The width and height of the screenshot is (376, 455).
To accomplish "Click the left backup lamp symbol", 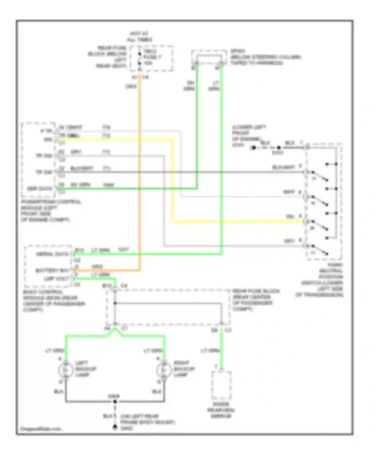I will pyautogui.click(x=66, y=370).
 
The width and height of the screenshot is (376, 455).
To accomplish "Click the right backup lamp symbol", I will pyautogui.click(x=164, y=370).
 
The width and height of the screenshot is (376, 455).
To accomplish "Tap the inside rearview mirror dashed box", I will pyautogui.click(x=221, y=385).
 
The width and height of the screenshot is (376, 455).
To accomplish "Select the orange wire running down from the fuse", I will pyautogui.click(x=140, y=176).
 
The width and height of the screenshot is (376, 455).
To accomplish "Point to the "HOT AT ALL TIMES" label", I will pyautogui.click(x=139, y=37).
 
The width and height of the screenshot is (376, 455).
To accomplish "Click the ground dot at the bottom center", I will pyautogui.click(x=115, y=427).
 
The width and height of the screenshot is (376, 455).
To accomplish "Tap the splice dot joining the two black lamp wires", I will pyautogui.click(x=115, y=402).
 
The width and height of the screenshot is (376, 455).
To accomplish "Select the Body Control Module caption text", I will pyautogui.click(x=54, y=301).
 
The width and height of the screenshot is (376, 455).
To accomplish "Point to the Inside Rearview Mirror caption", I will pyautogui.click(x=221, y=410).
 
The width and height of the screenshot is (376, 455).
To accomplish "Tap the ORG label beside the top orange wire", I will pyautogui.click(x=131, y=87).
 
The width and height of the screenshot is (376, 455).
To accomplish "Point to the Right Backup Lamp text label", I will pyautogui.click(x=184, y=369).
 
